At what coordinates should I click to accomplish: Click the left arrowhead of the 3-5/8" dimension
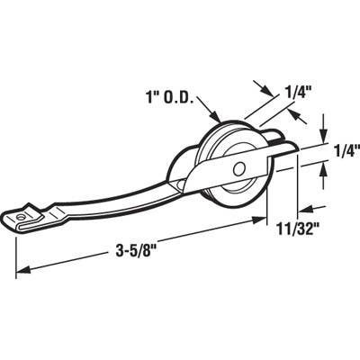point(20,267)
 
